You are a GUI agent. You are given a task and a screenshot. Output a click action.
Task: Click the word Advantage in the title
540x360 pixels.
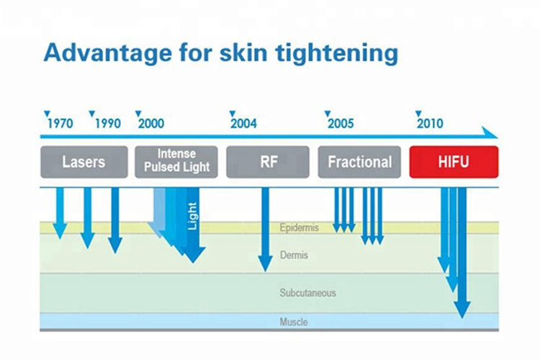[107, 53]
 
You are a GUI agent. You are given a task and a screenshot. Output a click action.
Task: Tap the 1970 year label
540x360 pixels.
[60, 123]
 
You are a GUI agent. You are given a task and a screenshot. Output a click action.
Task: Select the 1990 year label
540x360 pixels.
[108, 123]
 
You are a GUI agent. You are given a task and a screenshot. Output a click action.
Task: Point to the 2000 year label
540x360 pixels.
[151, 123]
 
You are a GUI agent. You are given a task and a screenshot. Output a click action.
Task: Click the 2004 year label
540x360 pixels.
[243, 123]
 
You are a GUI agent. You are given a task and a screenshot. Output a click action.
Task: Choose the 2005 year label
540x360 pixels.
[341, 123]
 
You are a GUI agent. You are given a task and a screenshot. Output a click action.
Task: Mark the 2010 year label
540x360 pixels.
[430, 123]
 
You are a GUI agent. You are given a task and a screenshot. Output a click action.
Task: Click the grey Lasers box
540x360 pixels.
[84, 162]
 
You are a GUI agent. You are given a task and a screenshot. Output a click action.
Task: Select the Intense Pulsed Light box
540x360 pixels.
[176, 162]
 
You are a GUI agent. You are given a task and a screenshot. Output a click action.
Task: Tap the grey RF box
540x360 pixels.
[268, 162]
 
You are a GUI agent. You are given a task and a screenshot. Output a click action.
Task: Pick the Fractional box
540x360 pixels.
[359, 162]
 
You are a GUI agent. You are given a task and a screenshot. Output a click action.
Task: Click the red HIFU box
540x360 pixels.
[454, 162]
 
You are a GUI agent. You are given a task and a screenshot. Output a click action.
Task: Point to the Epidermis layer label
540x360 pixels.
[300, 228]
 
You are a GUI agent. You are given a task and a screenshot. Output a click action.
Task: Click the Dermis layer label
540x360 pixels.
[294, 256]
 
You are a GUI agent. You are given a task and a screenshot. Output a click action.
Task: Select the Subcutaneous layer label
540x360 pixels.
[307, 293]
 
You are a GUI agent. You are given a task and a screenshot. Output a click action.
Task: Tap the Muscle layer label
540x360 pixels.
[294, 322]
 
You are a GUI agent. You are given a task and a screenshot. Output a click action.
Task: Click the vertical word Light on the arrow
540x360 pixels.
[192, 216]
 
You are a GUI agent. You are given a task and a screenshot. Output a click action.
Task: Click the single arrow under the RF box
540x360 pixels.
[265, 230]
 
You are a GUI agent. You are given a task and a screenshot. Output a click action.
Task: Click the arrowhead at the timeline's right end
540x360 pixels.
[490, 132]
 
